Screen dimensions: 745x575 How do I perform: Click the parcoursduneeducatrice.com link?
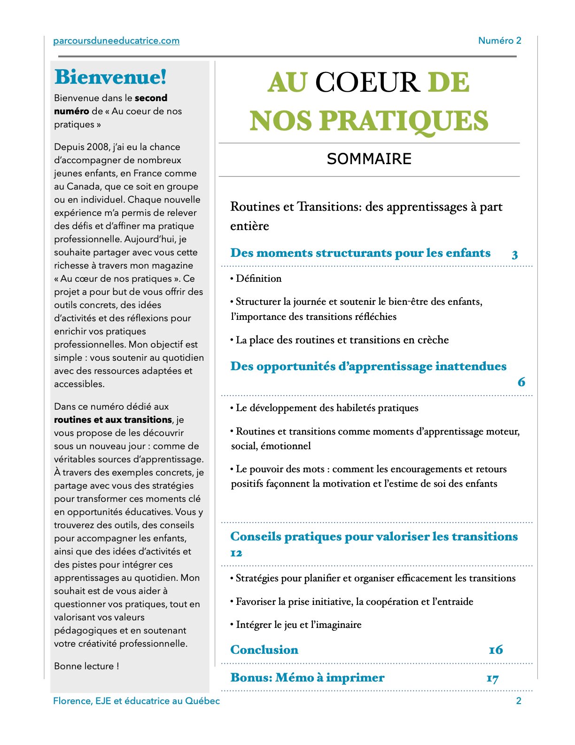pyautogui.click(x=116, y=41)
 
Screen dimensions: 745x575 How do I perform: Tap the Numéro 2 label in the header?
pyautogui.click(x=499, y=41)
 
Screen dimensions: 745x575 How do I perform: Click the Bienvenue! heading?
pyautogui.click(x=110, y=77)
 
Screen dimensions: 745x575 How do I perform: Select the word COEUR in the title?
pyautogui.click(x=367, y=83)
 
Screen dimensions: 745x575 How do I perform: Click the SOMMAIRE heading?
pyautogui.click(x=369, y=159)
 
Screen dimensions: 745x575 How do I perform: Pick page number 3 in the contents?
pyautogui.click(x=515, y=255)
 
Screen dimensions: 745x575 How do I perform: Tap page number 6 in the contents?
pyautogui.click(x=521, y=382)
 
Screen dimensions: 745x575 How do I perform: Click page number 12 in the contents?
pyautogui.click(x=236, y=553)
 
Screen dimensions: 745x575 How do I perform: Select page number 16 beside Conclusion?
pyautogui.click(x=496, y=650)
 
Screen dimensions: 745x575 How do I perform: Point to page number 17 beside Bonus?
pyautogui.click(x=492, y=678)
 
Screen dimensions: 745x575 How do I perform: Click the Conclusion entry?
pyautogui.click(x=264, y=650)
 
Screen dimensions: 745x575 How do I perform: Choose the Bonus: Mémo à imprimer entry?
pyautogui.click(x=307, y=678)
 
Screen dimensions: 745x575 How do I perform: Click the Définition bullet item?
pyautogui.click(x=258, y=278)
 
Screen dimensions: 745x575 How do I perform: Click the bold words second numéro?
pyautogui.click(x=111, y=104)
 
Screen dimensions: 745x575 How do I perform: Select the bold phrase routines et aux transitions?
pyautogui.click(x=113, y=420)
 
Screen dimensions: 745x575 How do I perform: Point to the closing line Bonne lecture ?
pyautogui.click(x=86, y=666)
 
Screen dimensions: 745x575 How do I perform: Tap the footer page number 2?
pyautogui.click(x=519, y=701)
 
